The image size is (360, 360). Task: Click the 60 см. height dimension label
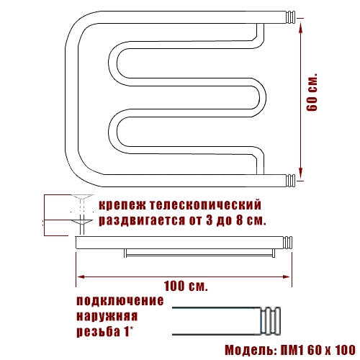point(312,92)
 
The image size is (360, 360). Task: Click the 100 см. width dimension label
point(186,286)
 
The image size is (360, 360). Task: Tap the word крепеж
point(122,205)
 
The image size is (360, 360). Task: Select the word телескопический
point(205,204)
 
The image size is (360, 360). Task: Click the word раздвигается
point(142,220)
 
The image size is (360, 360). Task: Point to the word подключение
point(120,301)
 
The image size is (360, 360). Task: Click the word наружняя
point(107,316)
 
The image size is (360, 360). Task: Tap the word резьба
point(99,331)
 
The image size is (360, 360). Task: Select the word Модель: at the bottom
point(251,350)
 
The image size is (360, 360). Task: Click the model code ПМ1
point(292,350)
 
